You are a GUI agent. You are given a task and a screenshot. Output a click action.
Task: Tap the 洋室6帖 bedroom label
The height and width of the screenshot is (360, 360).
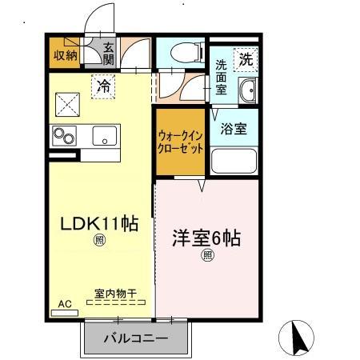(207, 238)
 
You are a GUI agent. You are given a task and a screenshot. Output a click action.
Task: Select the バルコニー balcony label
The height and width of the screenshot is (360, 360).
(135, 338)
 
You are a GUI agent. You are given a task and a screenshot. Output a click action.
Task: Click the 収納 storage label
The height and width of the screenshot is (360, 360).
(65, 55)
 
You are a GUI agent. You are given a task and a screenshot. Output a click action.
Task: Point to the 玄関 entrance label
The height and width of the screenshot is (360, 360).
(108, 54)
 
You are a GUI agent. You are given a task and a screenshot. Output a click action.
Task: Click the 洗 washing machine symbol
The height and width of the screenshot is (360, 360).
(245, 58)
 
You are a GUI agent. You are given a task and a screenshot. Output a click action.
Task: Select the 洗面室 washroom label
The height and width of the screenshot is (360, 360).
(222, 78)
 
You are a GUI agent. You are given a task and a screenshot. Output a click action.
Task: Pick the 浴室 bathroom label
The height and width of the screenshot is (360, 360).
(234, 128)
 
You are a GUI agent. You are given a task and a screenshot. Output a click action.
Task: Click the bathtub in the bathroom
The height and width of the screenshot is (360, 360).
(233, 162)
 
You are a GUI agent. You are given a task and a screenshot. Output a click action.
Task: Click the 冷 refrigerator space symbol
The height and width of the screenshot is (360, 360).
(103, 85)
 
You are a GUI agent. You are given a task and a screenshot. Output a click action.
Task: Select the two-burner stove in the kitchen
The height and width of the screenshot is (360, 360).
(64, 136)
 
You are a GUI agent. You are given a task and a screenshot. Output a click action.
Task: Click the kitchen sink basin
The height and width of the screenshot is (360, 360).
(105, 136)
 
